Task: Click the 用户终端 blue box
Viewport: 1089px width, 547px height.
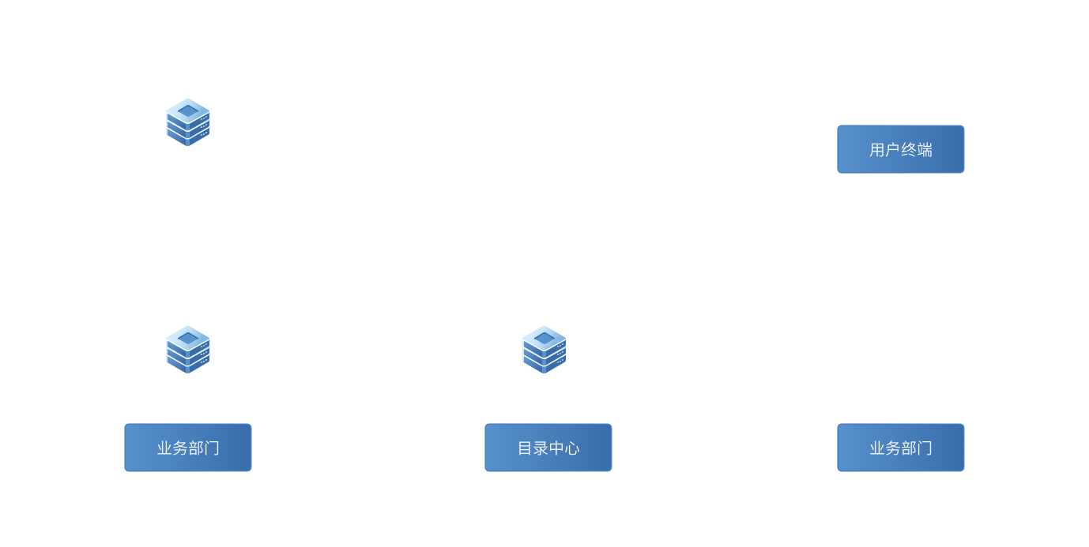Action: (900, 149)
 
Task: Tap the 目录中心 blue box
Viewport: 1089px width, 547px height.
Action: (548, 448)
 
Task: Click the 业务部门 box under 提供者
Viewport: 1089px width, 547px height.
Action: (188, 448)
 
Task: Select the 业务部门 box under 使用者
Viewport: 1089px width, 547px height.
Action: (900, 448)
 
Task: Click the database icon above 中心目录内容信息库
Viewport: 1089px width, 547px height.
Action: (544, 350)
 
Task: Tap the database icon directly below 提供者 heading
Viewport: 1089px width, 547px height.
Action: (188, 122)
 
